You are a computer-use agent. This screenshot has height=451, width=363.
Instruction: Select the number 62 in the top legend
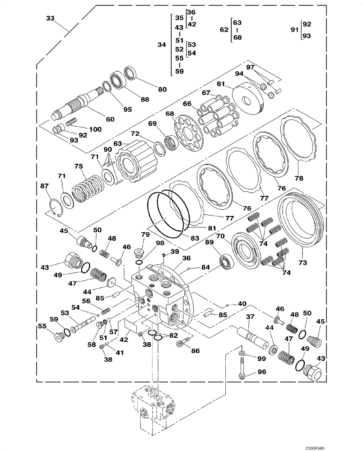click(224, 29)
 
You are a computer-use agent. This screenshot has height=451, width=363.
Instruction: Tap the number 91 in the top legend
click(295, 30)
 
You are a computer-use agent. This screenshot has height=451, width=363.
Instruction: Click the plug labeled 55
click(57, 336)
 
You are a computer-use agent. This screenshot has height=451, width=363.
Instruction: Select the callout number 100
click(95, 129)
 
